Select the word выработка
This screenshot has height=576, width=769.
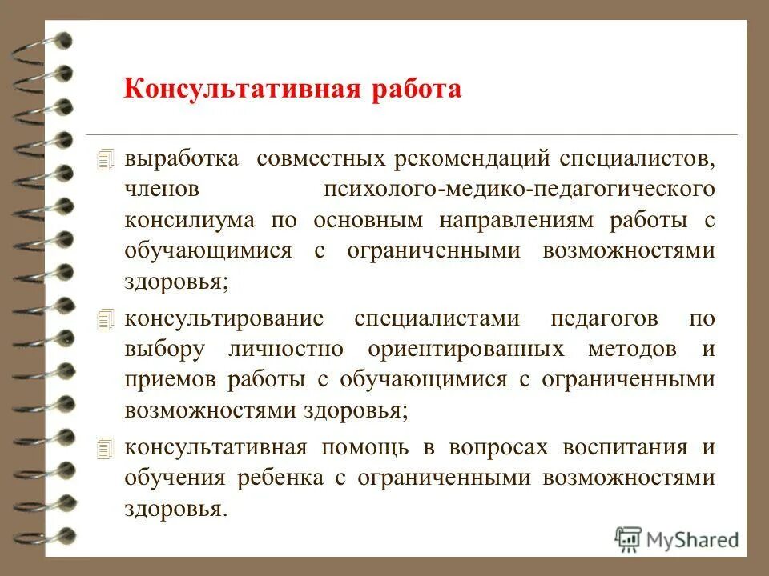pos(181,158)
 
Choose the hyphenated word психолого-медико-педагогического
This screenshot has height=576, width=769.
pos(519,189)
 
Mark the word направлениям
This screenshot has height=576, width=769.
pos(513,220)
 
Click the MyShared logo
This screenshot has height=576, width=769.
pos(677,538)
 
